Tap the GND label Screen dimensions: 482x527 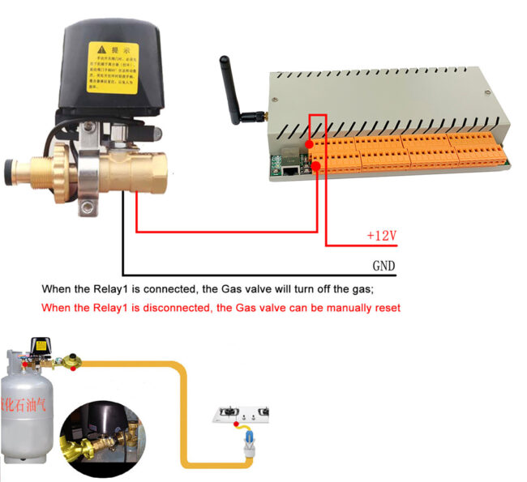click(383, 266)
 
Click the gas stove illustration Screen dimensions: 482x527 click(247, 415)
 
